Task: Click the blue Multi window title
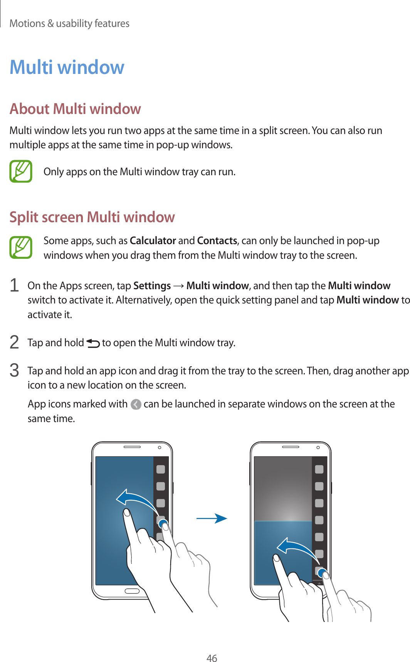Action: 67,67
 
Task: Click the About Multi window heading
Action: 75,109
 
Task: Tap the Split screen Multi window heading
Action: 92,217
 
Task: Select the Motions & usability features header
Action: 69,23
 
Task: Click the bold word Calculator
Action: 153,241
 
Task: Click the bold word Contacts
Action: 217,241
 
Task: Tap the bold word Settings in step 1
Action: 152,286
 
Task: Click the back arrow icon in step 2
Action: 93,343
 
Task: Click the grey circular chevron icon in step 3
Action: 136,404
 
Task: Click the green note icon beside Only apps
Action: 21,171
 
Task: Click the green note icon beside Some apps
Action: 21,247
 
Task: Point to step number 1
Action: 14,286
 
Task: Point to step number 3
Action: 14,370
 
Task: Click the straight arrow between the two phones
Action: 212,518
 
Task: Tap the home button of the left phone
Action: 132,591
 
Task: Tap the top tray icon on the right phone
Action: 319,469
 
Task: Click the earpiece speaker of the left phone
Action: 132,447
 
